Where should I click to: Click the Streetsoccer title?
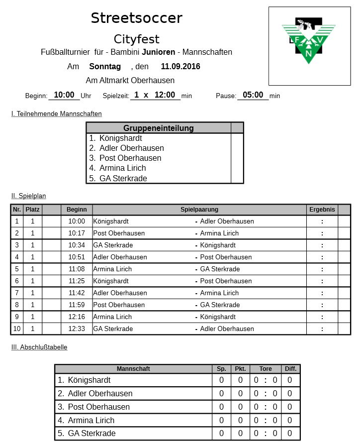click(136, 18)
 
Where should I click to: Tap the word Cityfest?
click(136, 39)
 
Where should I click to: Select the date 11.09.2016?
click(180, 66)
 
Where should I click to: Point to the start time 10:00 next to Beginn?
click(64, 95)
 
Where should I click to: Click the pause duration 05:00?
click(253, 95)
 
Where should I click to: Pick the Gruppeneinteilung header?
click(159, 128)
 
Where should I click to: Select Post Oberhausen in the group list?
click(130, 158)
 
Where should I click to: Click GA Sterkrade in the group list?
click(123, 178)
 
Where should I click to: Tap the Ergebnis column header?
click(322, 210)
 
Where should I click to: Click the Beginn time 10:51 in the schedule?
click(77, 257)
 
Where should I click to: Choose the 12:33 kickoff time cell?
click(77, 329)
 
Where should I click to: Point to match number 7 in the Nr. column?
click(17, 293)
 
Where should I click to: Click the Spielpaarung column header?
click(199, 210)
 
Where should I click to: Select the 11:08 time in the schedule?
click(77, 269)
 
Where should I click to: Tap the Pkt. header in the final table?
click(240, 369)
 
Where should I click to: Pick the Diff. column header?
click(290, 369)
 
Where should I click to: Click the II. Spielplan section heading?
click(29, 196)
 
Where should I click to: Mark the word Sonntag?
click(105, 66)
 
